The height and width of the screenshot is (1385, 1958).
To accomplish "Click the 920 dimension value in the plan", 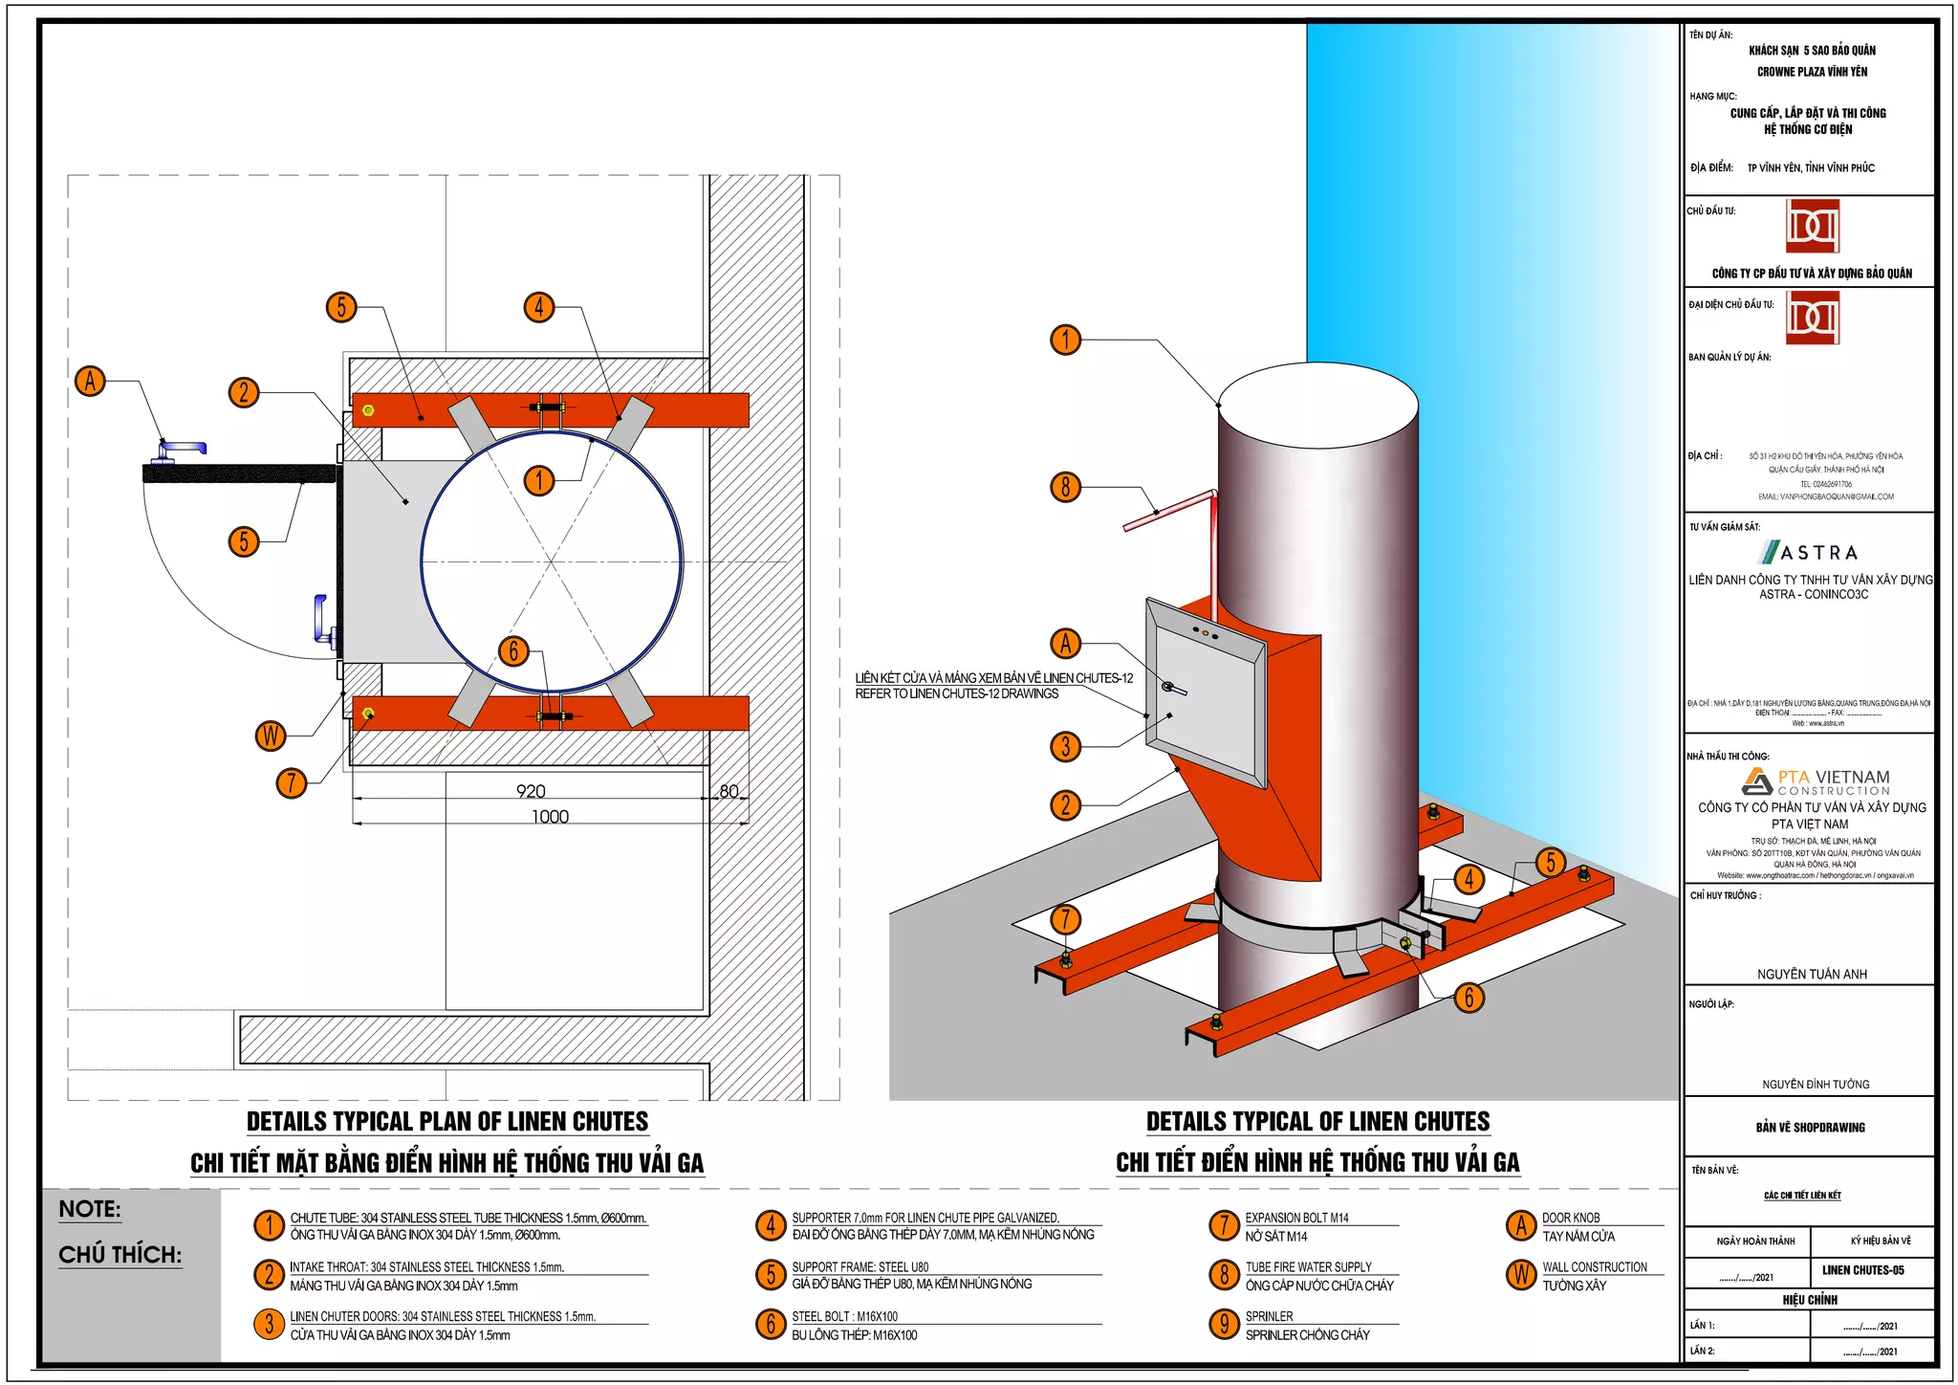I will pyautogui.click(x=531, y=791).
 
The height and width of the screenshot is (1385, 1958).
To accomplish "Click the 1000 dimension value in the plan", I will pyautogui.click(x=550, y=817).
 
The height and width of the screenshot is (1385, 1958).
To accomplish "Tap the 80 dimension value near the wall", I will pyautogui.click(x=729, y=791).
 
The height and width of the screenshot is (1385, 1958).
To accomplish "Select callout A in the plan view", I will pyautogui.click(x=90, y=381).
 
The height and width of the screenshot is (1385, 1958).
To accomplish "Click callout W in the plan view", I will pyautogui.click(x=272, y=736).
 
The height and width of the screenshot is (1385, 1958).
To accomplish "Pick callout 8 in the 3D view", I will pyautogui.click(x=1065, y=487).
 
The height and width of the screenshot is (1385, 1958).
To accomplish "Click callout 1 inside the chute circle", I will pyautogui.click(x=539, y=480).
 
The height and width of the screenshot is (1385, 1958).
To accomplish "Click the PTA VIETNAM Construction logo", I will pyautogui.click(x=1816, y=781).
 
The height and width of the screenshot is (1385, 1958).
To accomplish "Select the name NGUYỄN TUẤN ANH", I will pyautogui.click(x=1811, y=974).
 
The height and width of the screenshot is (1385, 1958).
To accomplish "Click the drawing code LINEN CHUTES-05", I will pyautogui.click(x=1862, y=1270).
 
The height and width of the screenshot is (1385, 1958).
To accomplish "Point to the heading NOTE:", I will pyautogui.click(x=90, y=1209).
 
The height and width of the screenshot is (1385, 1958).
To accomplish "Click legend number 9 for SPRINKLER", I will pyautogui.click(x=1224, y=1324).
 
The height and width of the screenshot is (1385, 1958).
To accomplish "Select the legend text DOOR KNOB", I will pyautogui.click(x=1570, y=1218).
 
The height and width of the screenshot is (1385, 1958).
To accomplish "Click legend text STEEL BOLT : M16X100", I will pyautogui.click(x=844, y=1316).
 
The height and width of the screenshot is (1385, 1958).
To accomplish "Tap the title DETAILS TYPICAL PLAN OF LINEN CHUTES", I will pyautogui.click(x=447, y=1121).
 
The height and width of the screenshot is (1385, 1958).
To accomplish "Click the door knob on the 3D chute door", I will pyautogui.click(x=1172, y=688).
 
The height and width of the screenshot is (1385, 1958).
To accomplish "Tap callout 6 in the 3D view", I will pyautogui.click(x=1468, y=998).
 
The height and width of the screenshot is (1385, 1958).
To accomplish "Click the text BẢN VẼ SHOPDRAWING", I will pyautogui.click(x=1810, y=1127).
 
